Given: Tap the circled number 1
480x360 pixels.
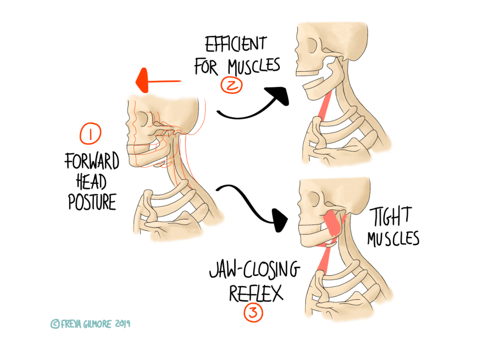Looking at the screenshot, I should [88, 134].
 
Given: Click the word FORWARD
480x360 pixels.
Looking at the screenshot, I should [92, 162].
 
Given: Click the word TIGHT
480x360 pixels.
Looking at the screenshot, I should [394, 217].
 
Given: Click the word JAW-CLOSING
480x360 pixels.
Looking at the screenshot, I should [254, 271].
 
